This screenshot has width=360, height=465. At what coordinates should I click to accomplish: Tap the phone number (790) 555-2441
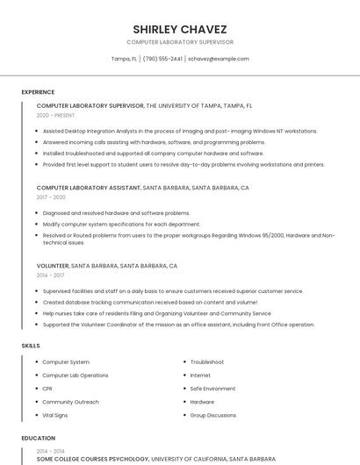tap(162, 59)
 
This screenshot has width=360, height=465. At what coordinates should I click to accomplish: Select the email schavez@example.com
tap(219, 59)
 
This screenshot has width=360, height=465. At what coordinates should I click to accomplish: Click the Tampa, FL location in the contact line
tap(124, 59)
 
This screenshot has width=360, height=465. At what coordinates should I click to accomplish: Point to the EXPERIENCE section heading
tap(38, 91)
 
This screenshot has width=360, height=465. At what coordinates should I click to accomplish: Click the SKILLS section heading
tap(31, 346)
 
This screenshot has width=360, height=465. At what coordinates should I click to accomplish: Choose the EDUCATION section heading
tap(38, 438)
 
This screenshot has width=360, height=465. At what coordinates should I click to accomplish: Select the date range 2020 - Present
tap(55, 115)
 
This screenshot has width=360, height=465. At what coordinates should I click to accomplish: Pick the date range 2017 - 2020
tap(51, 197)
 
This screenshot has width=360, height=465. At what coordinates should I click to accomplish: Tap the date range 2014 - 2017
tap(50, 275)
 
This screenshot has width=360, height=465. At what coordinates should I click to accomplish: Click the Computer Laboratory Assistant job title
tap(88, 188)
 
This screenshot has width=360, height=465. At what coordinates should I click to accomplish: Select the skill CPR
tap(47, 389)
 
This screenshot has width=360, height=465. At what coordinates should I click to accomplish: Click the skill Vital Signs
tap(54, 415)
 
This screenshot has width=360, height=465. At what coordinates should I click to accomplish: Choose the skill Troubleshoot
tap(206, 362)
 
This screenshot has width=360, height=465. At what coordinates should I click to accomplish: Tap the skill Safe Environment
tap(212, 389)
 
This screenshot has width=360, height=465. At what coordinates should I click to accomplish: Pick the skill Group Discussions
tap(212, 415)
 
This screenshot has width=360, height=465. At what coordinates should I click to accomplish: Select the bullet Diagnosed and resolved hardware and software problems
tap(116, 212)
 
